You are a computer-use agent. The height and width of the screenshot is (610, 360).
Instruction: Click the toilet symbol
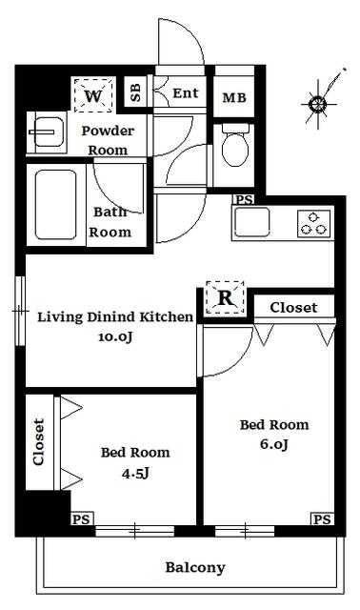[x=235, y=146]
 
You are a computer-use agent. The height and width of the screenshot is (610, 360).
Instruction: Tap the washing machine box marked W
[x=93, y=95]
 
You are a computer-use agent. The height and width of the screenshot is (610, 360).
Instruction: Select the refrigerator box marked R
[x=225, y=297]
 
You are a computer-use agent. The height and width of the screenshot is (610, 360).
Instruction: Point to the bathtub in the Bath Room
[x=55, y=204]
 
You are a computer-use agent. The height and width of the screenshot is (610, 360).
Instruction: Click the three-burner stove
[x=314, y=223]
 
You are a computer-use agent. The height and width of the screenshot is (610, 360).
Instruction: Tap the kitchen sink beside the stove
[x=252, y=222]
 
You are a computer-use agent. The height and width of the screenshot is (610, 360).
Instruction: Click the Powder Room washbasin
[x=47, y=132]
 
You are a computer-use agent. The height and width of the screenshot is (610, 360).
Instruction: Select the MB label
[x=234, y=97]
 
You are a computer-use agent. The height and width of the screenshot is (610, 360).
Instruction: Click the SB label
[x=135, y=92]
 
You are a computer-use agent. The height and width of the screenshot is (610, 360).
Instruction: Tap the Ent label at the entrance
[x=186, y=93]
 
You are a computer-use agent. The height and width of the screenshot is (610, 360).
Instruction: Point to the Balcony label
[x=195, y=568]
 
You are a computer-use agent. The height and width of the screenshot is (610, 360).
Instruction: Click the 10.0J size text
[x=114, y=336]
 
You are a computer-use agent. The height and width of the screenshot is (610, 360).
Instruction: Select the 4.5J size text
[x=135, y=473]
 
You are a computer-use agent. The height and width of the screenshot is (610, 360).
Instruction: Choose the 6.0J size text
[x=274, y=444]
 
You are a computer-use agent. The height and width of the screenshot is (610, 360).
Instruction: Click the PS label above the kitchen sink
[x=245, y=200]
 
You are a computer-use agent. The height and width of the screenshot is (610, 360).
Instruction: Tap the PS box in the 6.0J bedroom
[x=322, y=519]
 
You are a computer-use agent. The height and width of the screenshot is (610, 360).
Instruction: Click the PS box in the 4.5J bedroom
[x=82, y=519]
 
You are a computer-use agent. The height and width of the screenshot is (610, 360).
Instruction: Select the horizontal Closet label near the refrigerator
[x=293, y=308]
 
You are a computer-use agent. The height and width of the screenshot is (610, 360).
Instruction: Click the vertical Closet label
[x=39, y=442]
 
